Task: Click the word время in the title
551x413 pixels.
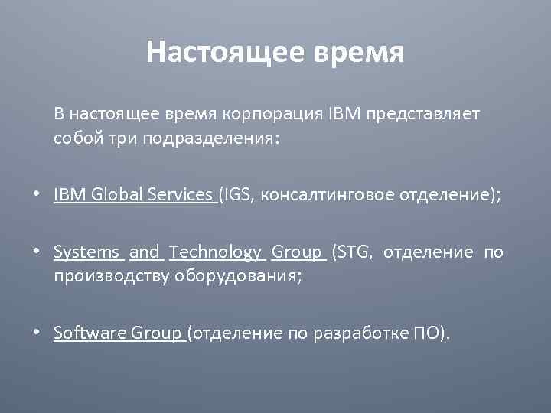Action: [358, 53]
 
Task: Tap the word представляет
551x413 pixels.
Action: [423, 114]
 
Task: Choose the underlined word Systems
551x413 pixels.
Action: [86, 252]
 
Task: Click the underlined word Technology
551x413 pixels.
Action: [215, 252]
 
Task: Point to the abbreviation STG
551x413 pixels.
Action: [352, 252]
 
